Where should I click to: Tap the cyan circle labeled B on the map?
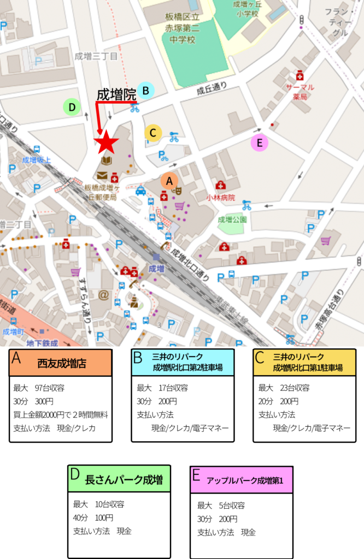145,90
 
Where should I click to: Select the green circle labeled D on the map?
72,107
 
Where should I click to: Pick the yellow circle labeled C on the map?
153,132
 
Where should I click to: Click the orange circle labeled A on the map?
169,180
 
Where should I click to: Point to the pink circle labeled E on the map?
259,143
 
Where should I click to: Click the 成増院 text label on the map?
116,94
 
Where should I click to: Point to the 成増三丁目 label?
96,56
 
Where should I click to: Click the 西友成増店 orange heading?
60,363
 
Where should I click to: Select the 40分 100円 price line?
93,518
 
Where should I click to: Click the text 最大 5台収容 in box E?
221,506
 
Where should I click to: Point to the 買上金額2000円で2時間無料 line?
61,415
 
